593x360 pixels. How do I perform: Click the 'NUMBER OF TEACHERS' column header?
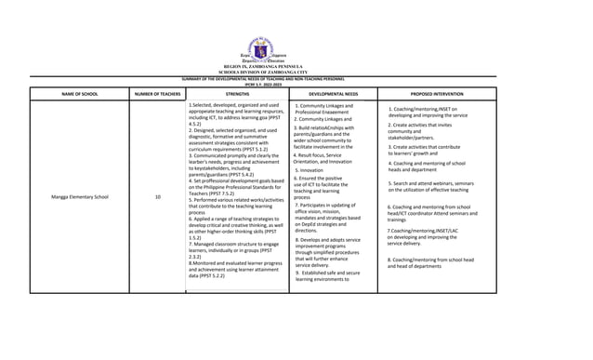tap(157, 94)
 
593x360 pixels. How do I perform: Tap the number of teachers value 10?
tap(157, 197)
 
